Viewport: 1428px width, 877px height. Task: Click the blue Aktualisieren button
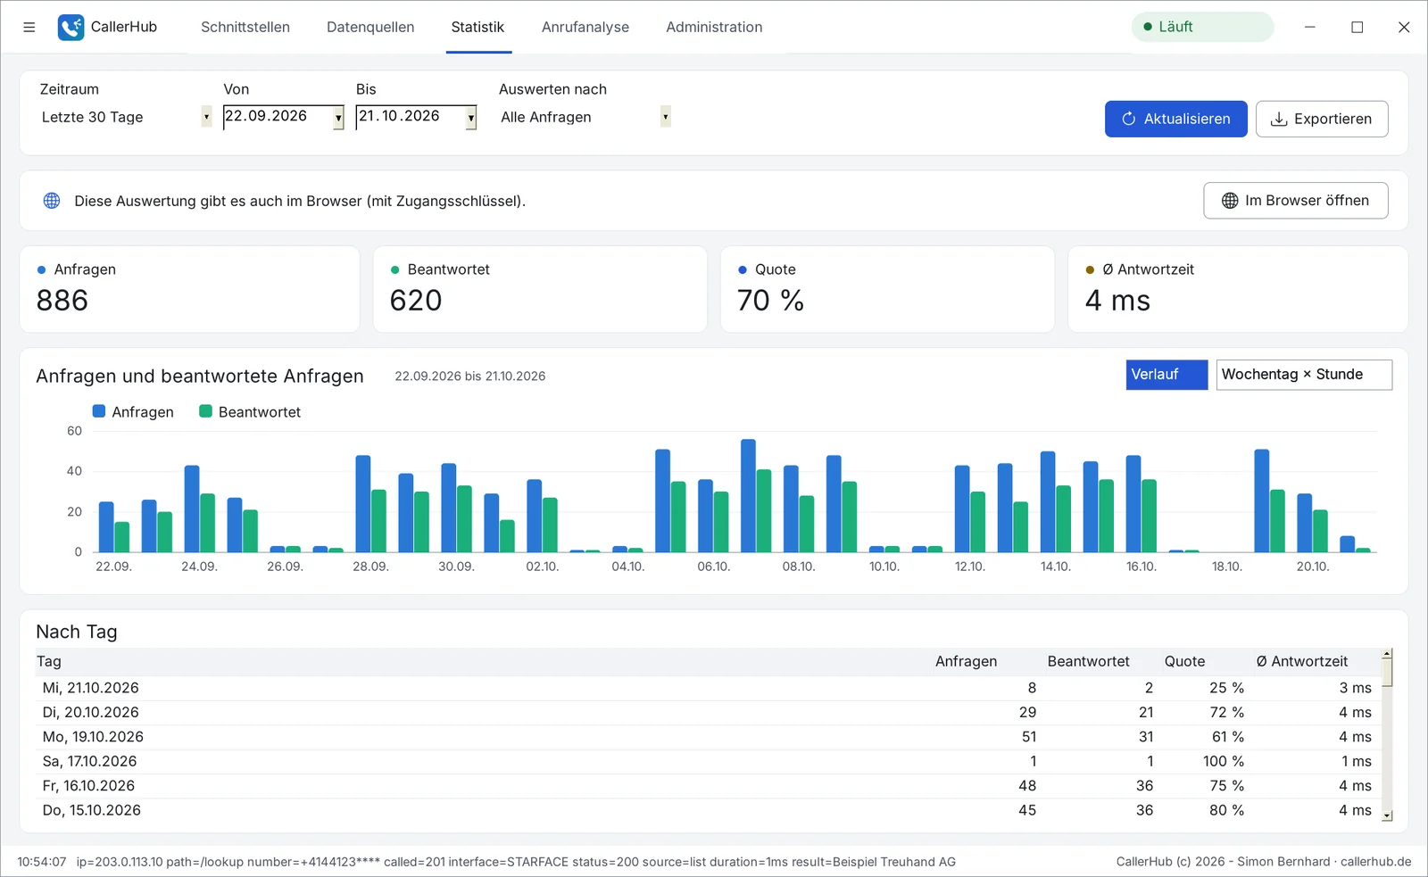pos(1175,119)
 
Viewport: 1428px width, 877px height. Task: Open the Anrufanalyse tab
pos(585,27)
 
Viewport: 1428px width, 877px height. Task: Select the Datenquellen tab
pos(370,27)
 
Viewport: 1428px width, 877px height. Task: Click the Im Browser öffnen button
pos(1295,201)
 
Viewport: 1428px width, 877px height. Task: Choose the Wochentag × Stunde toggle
pos(1304,375)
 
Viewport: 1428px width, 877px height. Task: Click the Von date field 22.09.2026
pos(284,117)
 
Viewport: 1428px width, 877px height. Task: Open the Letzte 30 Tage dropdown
pos(125,117)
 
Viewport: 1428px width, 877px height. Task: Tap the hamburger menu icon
pos(29,27)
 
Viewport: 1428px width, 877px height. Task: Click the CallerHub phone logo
pos(71,28)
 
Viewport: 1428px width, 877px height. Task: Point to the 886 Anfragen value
pos(62,300)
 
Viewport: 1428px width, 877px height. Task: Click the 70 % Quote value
pos(770,300)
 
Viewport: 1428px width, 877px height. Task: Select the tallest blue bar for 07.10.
pos(749,495)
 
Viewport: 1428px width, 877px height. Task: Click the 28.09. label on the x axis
pos(370,566)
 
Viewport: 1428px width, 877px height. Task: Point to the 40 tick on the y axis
pos(75,471)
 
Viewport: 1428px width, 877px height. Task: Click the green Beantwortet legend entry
pos(250,411)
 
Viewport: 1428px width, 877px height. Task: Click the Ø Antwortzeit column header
pos(1302,662)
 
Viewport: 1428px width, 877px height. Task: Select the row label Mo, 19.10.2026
pos(93,737)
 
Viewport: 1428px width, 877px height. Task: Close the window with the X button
pos(1404,27)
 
